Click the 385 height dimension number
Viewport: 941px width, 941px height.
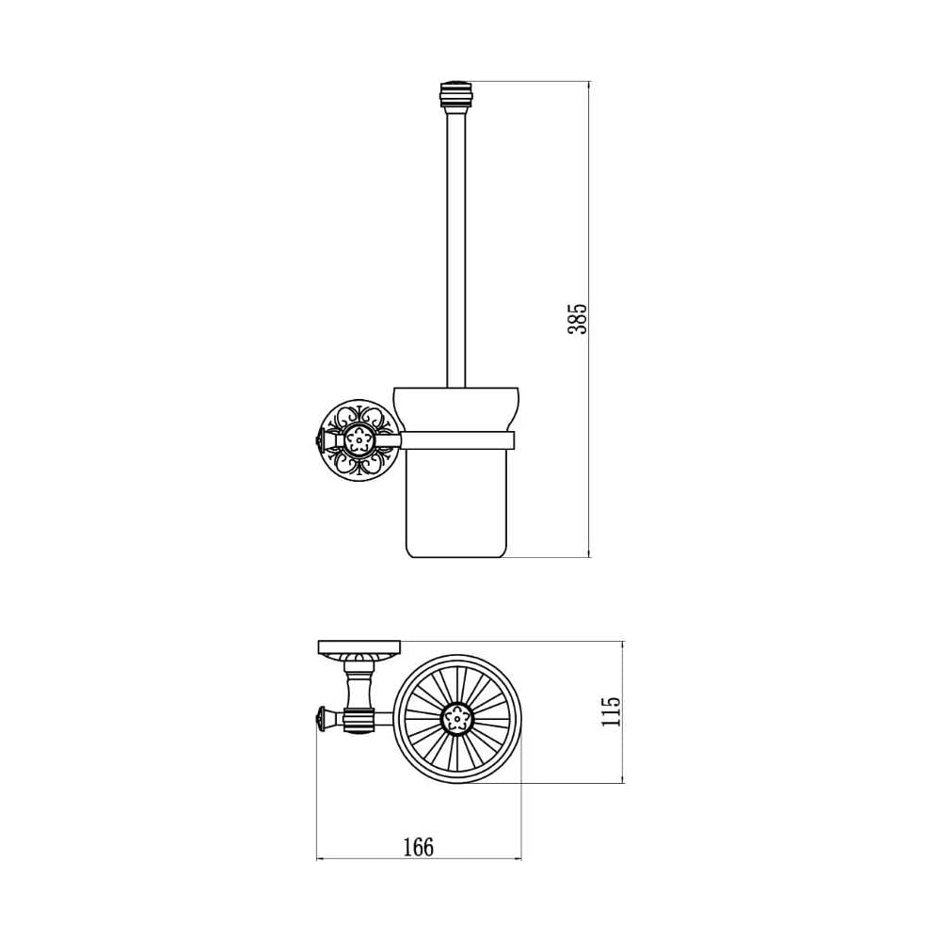point(578,319)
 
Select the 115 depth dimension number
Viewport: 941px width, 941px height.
point(611,711)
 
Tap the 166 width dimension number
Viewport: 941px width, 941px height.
point(418,847)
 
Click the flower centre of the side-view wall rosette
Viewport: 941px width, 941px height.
point(359,440)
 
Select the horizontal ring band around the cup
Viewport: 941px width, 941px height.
point(457,439)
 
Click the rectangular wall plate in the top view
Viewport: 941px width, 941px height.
point(359,647)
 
